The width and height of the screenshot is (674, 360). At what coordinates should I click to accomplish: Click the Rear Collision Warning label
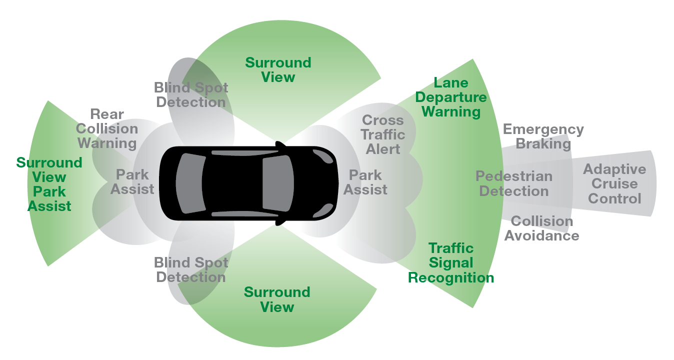tap(107, 129)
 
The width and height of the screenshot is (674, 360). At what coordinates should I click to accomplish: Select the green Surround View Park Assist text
tap(49, 184)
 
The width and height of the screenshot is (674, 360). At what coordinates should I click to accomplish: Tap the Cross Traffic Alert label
tap(383, 135)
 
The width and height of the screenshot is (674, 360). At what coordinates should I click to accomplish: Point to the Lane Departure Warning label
tap(451, 97)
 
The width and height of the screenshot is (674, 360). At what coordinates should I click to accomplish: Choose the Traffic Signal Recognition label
tap(451, 263)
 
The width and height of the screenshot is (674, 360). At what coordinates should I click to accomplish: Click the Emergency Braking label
tap(543, 137)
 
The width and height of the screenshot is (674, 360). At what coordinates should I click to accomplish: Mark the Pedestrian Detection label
tap(514, 184)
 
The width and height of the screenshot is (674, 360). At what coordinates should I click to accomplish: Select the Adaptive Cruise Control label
tap(614, 184)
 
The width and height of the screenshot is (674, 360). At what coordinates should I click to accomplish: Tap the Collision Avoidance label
tap(541, 228)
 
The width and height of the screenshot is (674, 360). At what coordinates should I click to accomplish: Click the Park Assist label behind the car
tap(132, 182)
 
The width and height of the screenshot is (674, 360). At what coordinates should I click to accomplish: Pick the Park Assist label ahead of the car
tap(365, 182)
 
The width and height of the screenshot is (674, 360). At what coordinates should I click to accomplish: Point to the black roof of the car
tap(232, 182)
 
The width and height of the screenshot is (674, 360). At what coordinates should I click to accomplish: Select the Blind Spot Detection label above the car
tap(191, 95)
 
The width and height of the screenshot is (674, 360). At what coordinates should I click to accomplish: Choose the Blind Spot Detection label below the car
tap(191, 270)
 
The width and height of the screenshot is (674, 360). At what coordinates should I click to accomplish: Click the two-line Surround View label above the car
tap(278, 70)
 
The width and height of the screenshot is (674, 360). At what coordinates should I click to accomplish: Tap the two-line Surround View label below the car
tap(277, 299)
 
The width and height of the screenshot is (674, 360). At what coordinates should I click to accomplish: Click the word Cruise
tap(614, 184)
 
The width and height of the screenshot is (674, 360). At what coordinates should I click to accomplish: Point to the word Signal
tap(451, 263)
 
